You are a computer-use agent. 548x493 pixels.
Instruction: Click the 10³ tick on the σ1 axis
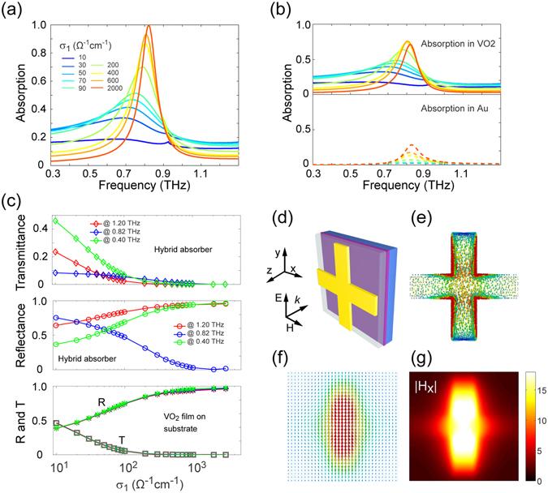click(x=189, y=467)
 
